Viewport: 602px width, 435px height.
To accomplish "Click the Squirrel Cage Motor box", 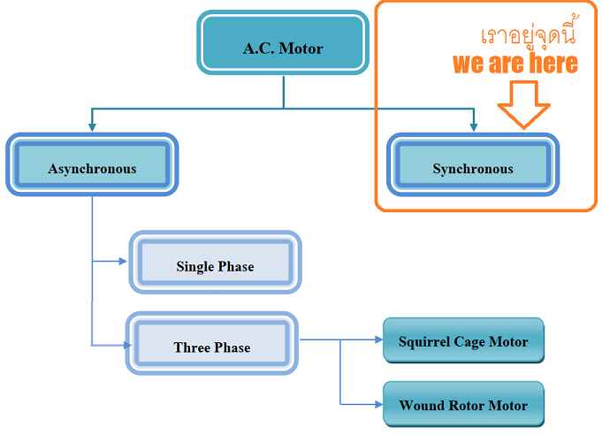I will (463, 340).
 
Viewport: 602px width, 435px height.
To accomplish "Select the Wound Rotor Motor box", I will (463, 405).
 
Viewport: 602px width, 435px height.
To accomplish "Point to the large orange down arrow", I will (523, 103).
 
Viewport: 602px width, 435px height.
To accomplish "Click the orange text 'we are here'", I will (514, 63).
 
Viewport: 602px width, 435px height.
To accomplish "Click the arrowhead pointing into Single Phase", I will (124, 261).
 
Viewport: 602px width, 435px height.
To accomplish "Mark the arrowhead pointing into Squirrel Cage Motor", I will (377, 340).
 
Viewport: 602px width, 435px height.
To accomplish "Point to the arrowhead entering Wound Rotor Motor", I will (377, 405).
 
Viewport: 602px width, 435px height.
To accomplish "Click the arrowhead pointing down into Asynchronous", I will (92, 127).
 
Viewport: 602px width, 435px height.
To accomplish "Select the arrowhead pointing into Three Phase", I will (123, 343).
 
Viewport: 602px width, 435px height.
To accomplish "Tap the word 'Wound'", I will (422, 406).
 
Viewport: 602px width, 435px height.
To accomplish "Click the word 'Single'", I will (194, 266).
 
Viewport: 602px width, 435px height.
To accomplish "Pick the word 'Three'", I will (192, 347).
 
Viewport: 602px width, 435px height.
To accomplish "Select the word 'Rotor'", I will (465, 406).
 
